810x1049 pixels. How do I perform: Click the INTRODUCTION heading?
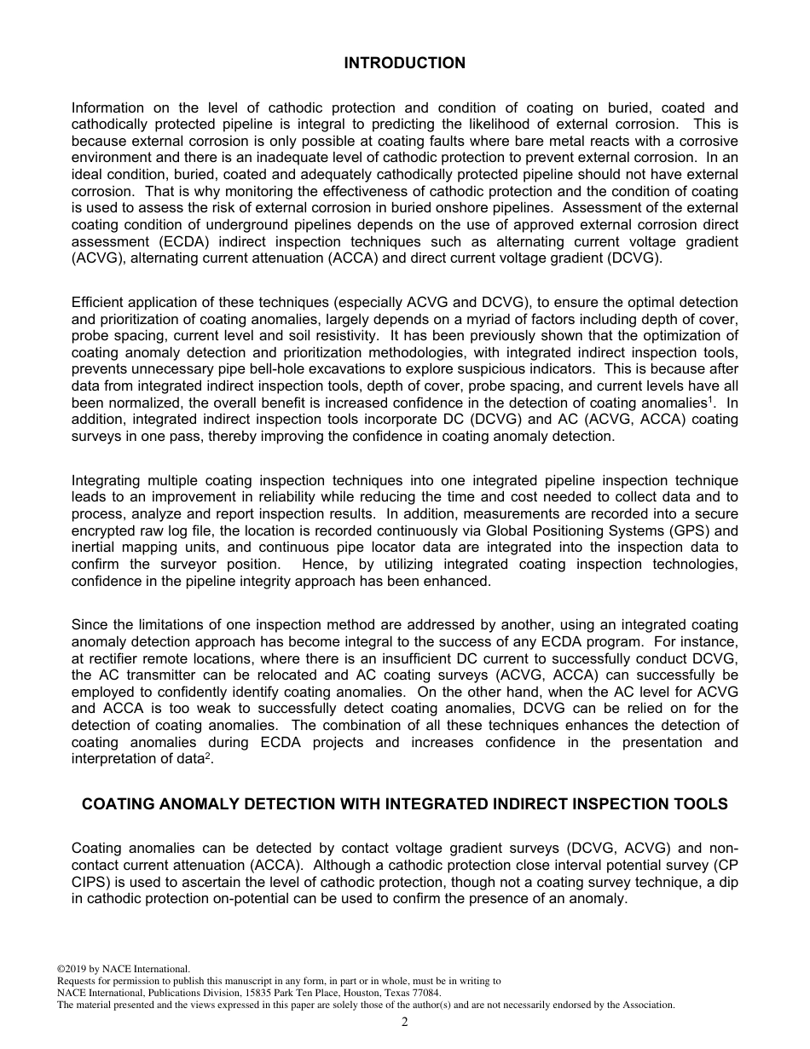pyautogui.click(x=404, y=63)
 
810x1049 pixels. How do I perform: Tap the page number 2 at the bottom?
pyautogui.click(x=405, y=1023)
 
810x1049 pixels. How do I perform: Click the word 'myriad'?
pyautogui.click(x=478, y=319)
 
